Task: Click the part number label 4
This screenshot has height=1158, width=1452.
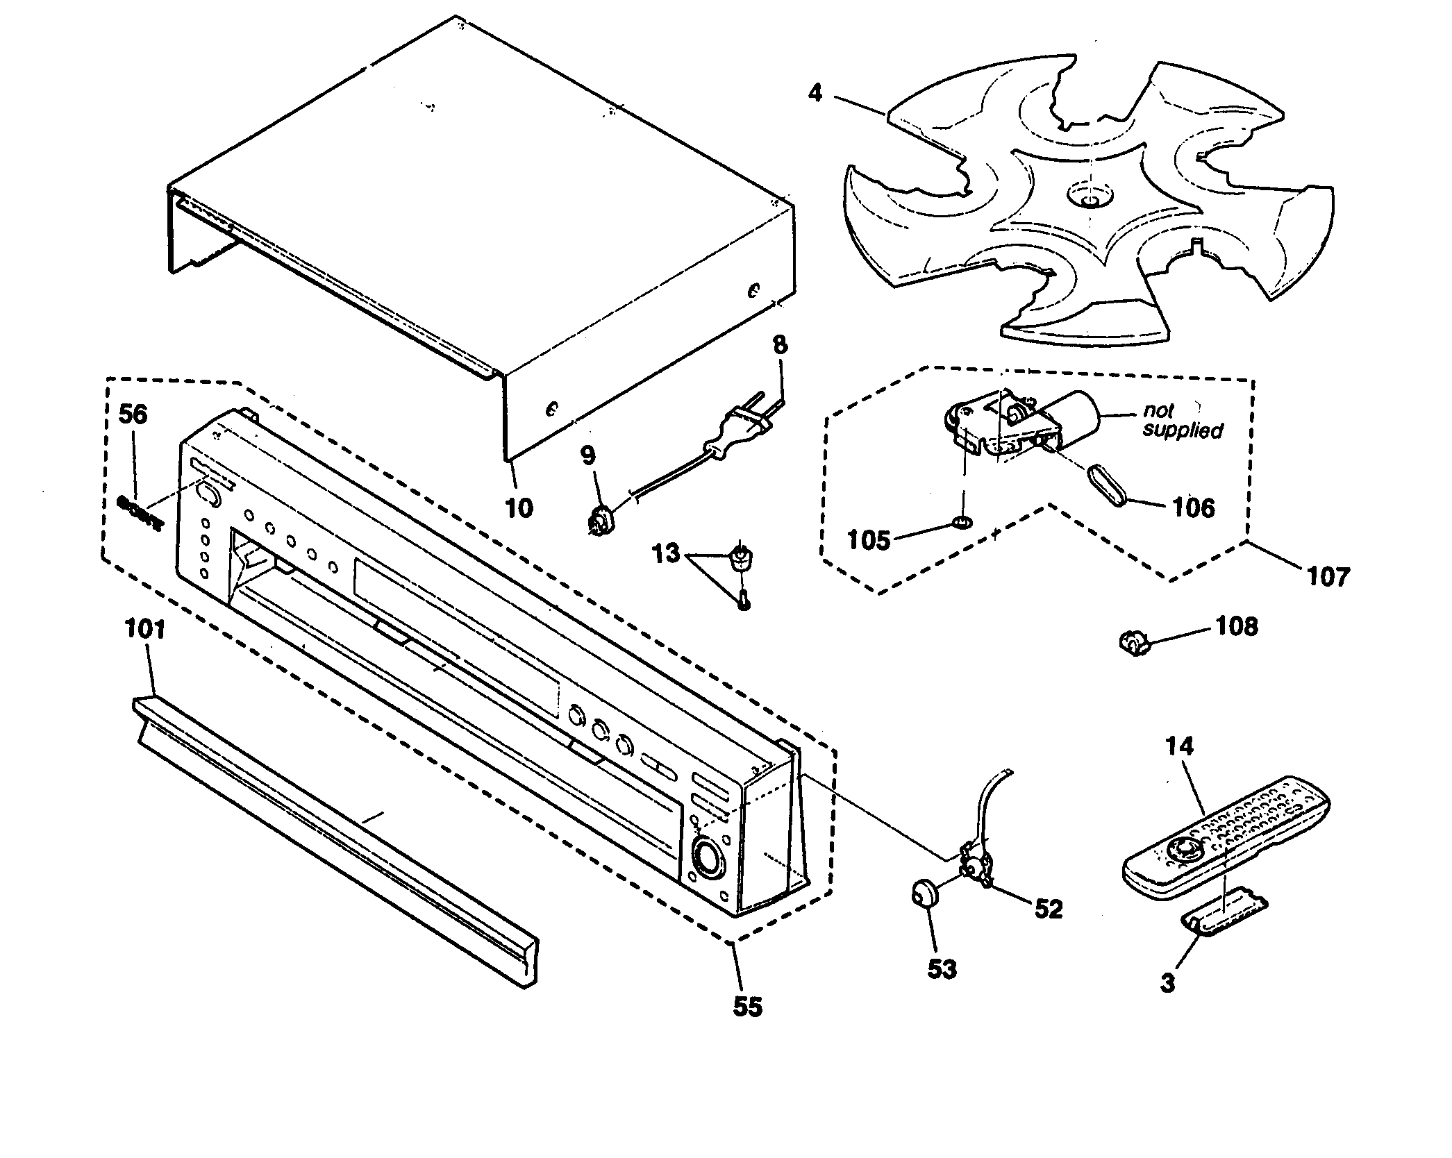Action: (815, 92)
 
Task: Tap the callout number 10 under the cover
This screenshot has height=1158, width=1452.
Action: (519, 508)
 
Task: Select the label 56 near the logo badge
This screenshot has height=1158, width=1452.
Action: (133, 414)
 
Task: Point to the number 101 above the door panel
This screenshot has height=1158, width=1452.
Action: (145, 629)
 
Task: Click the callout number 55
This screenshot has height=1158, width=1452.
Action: (748, 1007)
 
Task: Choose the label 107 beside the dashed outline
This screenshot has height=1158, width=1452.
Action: (1328, 576)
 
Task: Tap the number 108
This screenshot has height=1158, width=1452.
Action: (1237, 627)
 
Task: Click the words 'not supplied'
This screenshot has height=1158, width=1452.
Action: (1183, 421)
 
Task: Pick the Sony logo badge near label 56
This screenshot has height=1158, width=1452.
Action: (141, 512)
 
